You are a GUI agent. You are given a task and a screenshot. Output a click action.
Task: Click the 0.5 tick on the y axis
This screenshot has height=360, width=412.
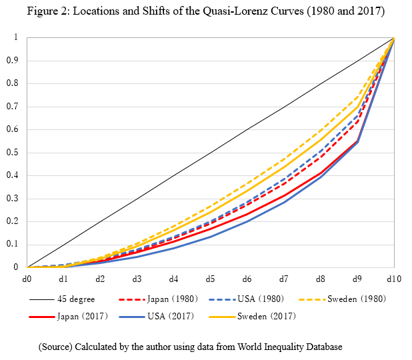(13, 152)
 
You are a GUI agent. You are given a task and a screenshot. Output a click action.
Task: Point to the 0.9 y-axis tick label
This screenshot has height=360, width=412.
(13, 60)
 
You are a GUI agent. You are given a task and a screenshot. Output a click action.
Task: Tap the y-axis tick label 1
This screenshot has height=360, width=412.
(16, 37)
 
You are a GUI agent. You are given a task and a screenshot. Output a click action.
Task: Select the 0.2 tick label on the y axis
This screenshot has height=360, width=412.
(13, 221)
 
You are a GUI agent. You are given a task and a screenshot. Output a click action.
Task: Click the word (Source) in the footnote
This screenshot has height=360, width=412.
(55, 347)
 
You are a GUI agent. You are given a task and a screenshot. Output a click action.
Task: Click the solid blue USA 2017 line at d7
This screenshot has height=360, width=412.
(284, 202)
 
